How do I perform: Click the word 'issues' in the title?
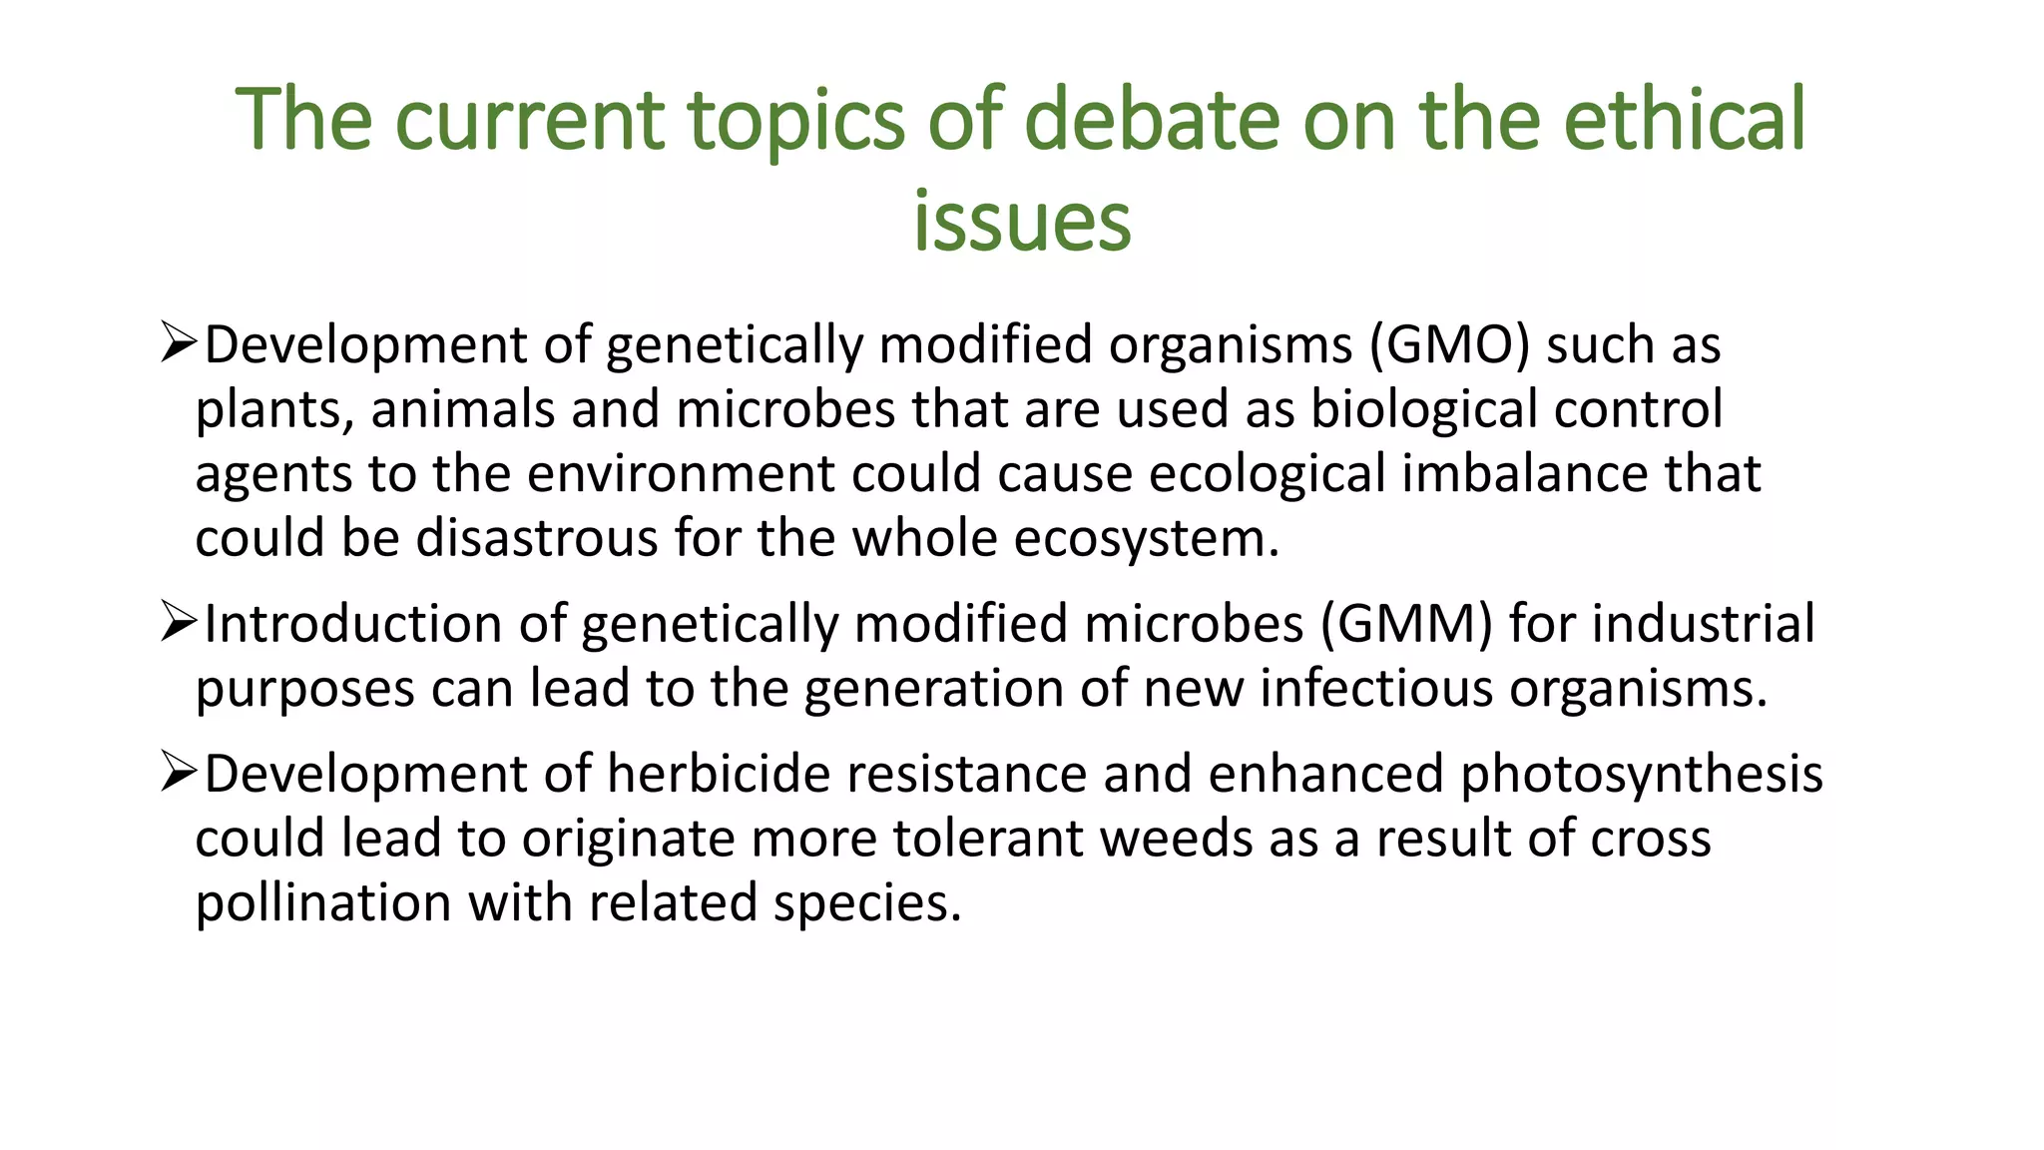1022,222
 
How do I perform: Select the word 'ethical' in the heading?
1684,120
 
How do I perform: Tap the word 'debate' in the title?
1152,120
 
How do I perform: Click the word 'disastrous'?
536,539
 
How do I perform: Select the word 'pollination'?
323,904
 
